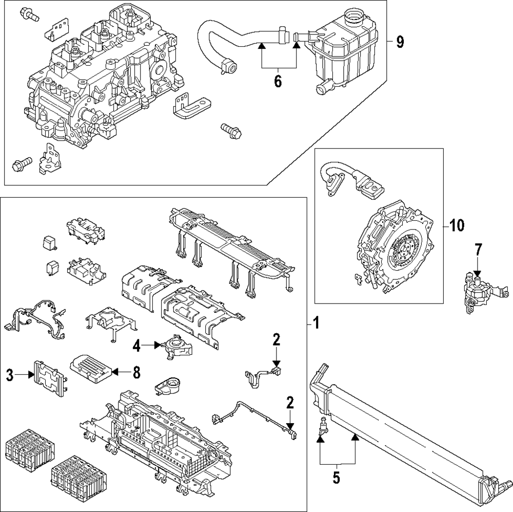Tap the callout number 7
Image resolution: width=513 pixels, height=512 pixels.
pyautogui.click(x=478, y=250)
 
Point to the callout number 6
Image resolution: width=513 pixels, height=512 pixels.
pyautogui.click(x=278, y=81)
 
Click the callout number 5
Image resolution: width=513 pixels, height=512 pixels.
pyautogui.click(x=336, y=478)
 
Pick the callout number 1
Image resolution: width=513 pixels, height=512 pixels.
pyautogui.click(x=317, y=323)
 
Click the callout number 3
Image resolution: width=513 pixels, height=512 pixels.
pyautogui.click(x=10, y=375)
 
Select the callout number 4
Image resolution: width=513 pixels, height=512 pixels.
pyautogui.click(x=136, y=346)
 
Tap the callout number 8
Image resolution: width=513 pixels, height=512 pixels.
pyautogui.click(x=136, y=372)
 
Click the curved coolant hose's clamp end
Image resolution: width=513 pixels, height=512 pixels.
pyautogui.click(x=227, y=65)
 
